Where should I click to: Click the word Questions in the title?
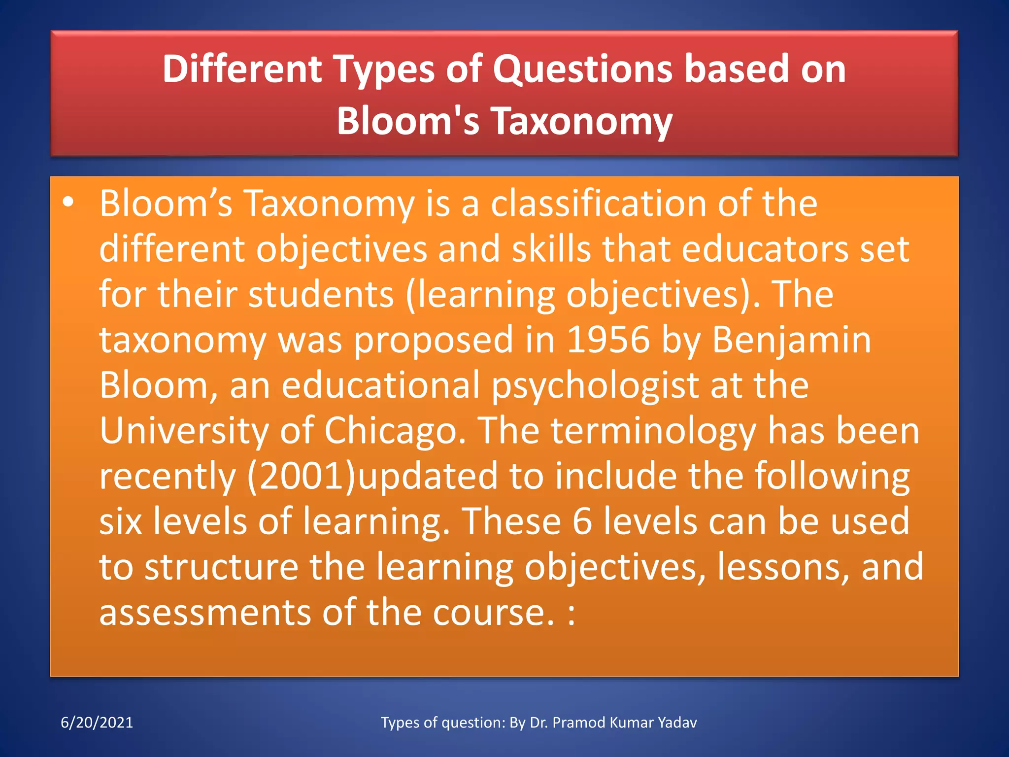coord(582,69)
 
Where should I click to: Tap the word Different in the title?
coord(242,69)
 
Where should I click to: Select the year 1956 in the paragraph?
coord(608,340)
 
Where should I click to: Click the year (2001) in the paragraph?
coord(301,476)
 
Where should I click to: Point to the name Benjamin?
coord(791,340)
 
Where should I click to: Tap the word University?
coord(184,431)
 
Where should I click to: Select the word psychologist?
coord(595,385)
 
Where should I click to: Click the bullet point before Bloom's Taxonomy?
coord(68,203)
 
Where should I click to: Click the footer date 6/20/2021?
coord(97,723)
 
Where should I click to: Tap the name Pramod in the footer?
coord(578,723)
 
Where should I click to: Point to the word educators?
coord(765,249)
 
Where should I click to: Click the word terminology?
coord(653,431)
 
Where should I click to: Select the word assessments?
coord(205,613)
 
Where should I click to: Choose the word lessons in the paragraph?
coord(783,567)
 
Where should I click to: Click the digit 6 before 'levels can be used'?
coord(582,521)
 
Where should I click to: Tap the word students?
coord(321,294)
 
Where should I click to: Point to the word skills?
coord(551,249)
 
